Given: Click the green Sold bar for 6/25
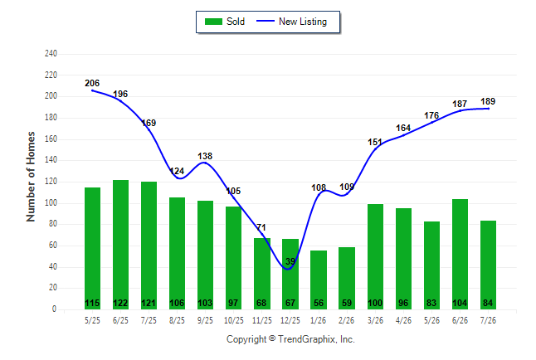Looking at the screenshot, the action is tap(120, 245).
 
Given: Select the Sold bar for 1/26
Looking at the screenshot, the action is tap(319, 280).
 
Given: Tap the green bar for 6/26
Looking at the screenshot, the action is tap(460, 254).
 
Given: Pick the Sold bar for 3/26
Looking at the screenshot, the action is tap(375, 256).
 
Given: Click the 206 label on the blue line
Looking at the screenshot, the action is tap(92, 83).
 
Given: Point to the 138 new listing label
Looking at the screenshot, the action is tap(205, 156).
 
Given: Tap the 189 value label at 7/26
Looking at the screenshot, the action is tap(488, 101).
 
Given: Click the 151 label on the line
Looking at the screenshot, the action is tap(375, 142).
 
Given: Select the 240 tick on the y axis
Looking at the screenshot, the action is tap(51, 54).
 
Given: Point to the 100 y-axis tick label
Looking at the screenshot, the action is tap(51, 203).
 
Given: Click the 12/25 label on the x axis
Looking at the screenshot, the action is tap(290, 321).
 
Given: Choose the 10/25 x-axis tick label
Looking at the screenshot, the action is tap(234, 321).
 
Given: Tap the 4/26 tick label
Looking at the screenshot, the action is tap(403, 321).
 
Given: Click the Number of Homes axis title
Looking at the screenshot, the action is tap(31, 177).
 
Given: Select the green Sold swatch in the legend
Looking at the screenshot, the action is tap(213, 22).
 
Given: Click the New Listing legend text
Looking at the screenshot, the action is tap(303, 22).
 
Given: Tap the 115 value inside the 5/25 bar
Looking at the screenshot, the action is tap(92, 304).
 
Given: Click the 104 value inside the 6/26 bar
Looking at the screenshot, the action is tap(460, 304).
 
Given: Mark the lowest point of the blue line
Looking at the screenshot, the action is tap(288, 269).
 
